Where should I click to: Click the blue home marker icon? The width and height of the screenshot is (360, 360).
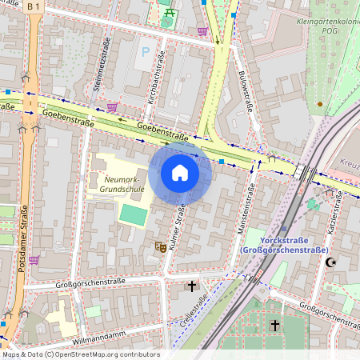click(x=180, y=173)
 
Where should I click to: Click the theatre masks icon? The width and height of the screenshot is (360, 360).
click(x=160, y=248)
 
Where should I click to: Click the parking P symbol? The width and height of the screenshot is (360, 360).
click(x=145, y=51)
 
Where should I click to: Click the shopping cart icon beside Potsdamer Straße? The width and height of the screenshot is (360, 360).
click(x=34, y=260)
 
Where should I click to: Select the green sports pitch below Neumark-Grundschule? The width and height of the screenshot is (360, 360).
click(x=134, y=214)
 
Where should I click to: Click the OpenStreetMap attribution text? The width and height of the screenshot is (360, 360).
click(x=80, y=354)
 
